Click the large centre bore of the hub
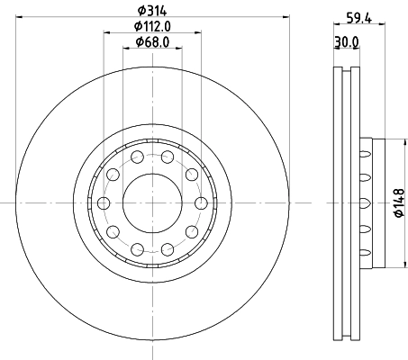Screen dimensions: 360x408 (x=152, y=202)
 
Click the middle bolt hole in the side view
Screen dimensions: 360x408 (x=366, y=202)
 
